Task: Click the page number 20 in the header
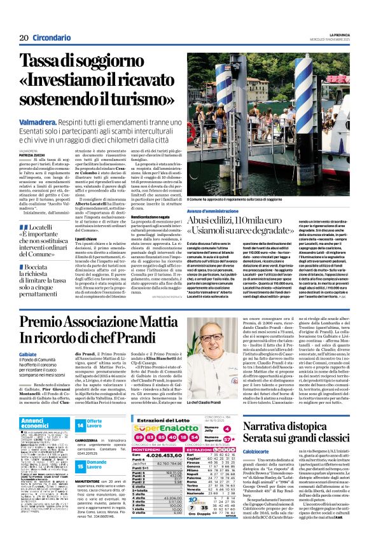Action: (24, 38)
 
